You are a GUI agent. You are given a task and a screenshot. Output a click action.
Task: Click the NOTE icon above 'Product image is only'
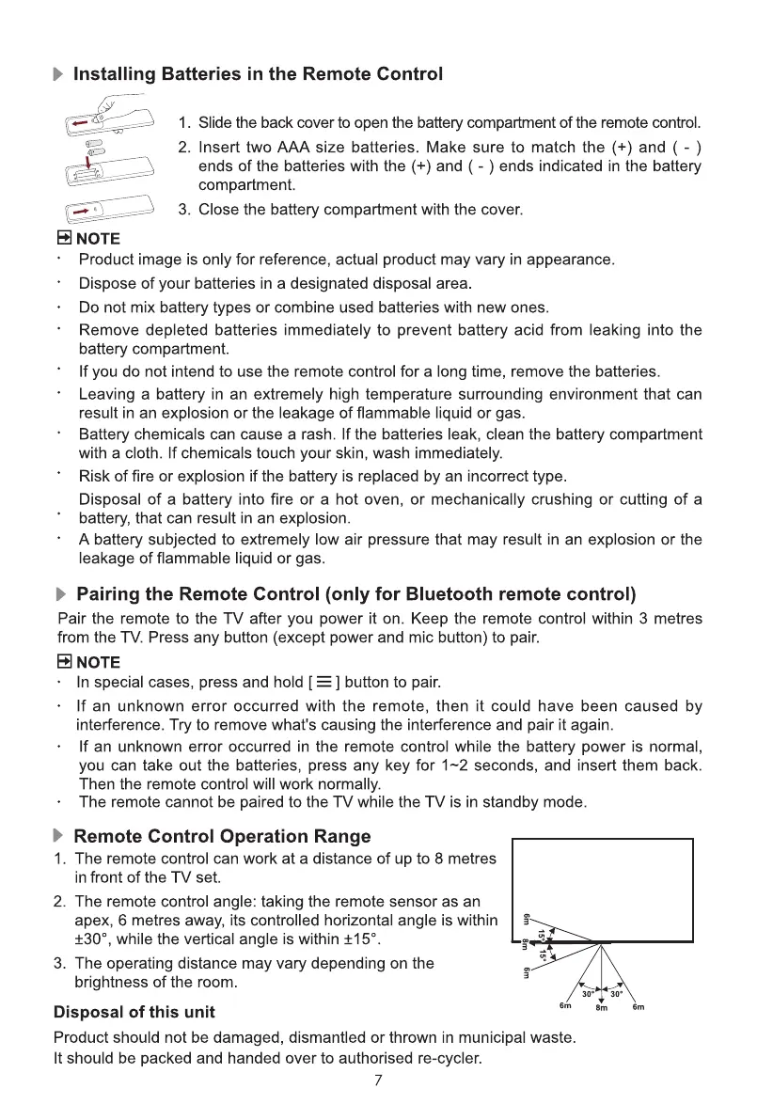(64, 238)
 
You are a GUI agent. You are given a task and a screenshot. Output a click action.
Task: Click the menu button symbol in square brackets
(324, 682)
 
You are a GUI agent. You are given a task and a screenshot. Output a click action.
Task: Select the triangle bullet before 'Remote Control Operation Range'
(61, 836)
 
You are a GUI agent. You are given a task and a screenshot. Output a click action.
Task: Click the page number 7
(378, 1080)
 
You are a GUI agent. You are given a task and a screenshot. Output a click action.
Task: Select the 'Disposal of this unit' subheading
(134, 1013)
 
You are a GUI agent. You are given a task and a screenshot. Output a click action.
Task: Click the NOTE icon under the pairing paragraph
(63, 661)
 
